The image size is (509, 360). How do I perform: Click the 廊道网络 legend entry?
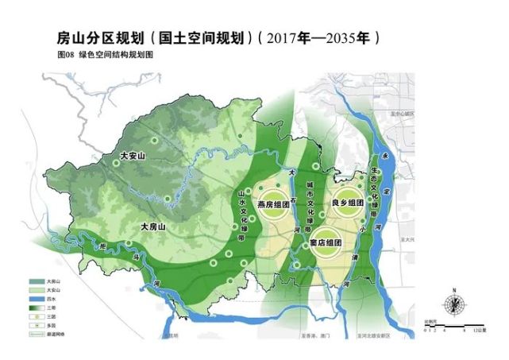[x=56, y=336]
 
